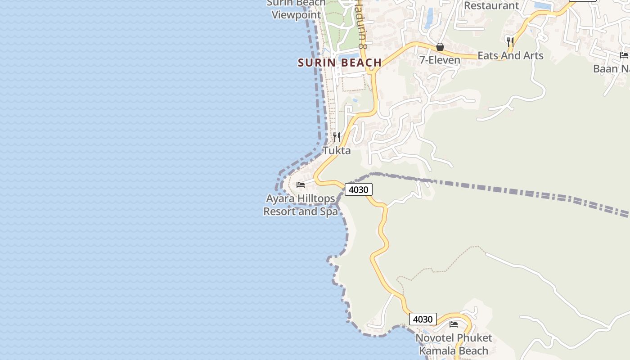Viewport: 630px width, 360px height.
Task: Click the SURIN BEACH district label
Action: pos(340,63)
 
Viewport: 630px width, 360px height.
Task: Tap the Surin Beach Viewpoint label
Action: pos(296,9)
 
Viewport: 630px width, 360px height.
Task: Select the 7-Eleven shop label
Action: pos(440,60)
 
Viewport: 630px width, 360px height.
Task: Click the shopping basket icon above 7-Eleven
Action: pos(440,47)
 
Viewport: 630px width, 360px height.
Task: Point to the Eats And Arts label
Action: pos(510,56)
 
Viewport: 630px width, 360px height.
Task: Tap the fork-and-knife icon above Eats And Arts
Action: pos(510,42)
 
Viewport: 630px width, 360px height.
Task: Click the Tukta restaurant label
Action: pos(337,150)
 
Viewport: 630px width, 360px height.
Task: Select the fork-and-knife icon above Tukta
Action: pos(337,137)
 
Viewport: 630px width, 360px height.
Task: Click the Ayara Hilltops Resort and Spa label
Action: pos(301,205)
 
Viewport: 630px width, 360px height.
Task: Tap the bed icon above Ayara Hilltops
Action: pos(301,184)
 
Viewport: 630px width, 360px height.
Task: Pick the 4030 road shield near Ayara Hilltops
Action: pos(359,189)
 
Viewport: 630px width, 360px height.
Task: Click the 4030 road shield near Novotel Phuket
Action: pos(423,319)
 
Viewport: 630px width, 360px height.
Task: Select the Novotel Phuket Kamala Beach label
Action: pos(454,344)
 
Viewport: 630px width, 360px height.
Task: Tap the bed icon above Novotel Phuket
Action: pos(454,324)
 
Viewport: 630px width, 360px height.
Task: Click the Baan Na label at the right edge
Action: pos(611,69)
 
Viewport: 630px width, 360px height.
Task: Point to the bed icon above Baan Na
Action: pos(624,55)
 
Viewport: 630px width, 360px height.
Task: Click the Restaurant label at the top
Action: pos(491,5)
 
